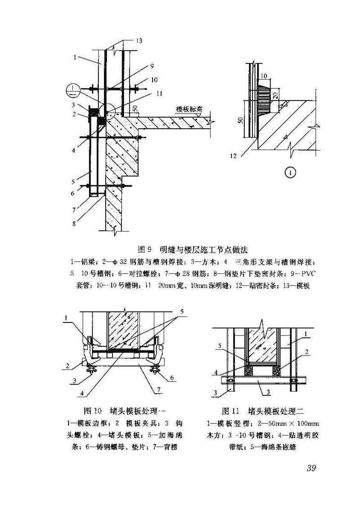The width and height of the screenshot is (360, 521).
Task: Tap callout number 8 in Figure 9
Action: tap(74, 222)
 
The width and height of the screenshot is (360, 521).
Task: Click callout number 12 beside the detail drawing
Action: tap(233, 156)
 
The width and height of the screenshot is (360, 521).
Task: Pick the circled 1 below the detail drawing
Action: tap(291, 172)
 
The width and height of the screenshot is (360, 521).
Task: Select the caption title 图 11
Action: tap(232, 411)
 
